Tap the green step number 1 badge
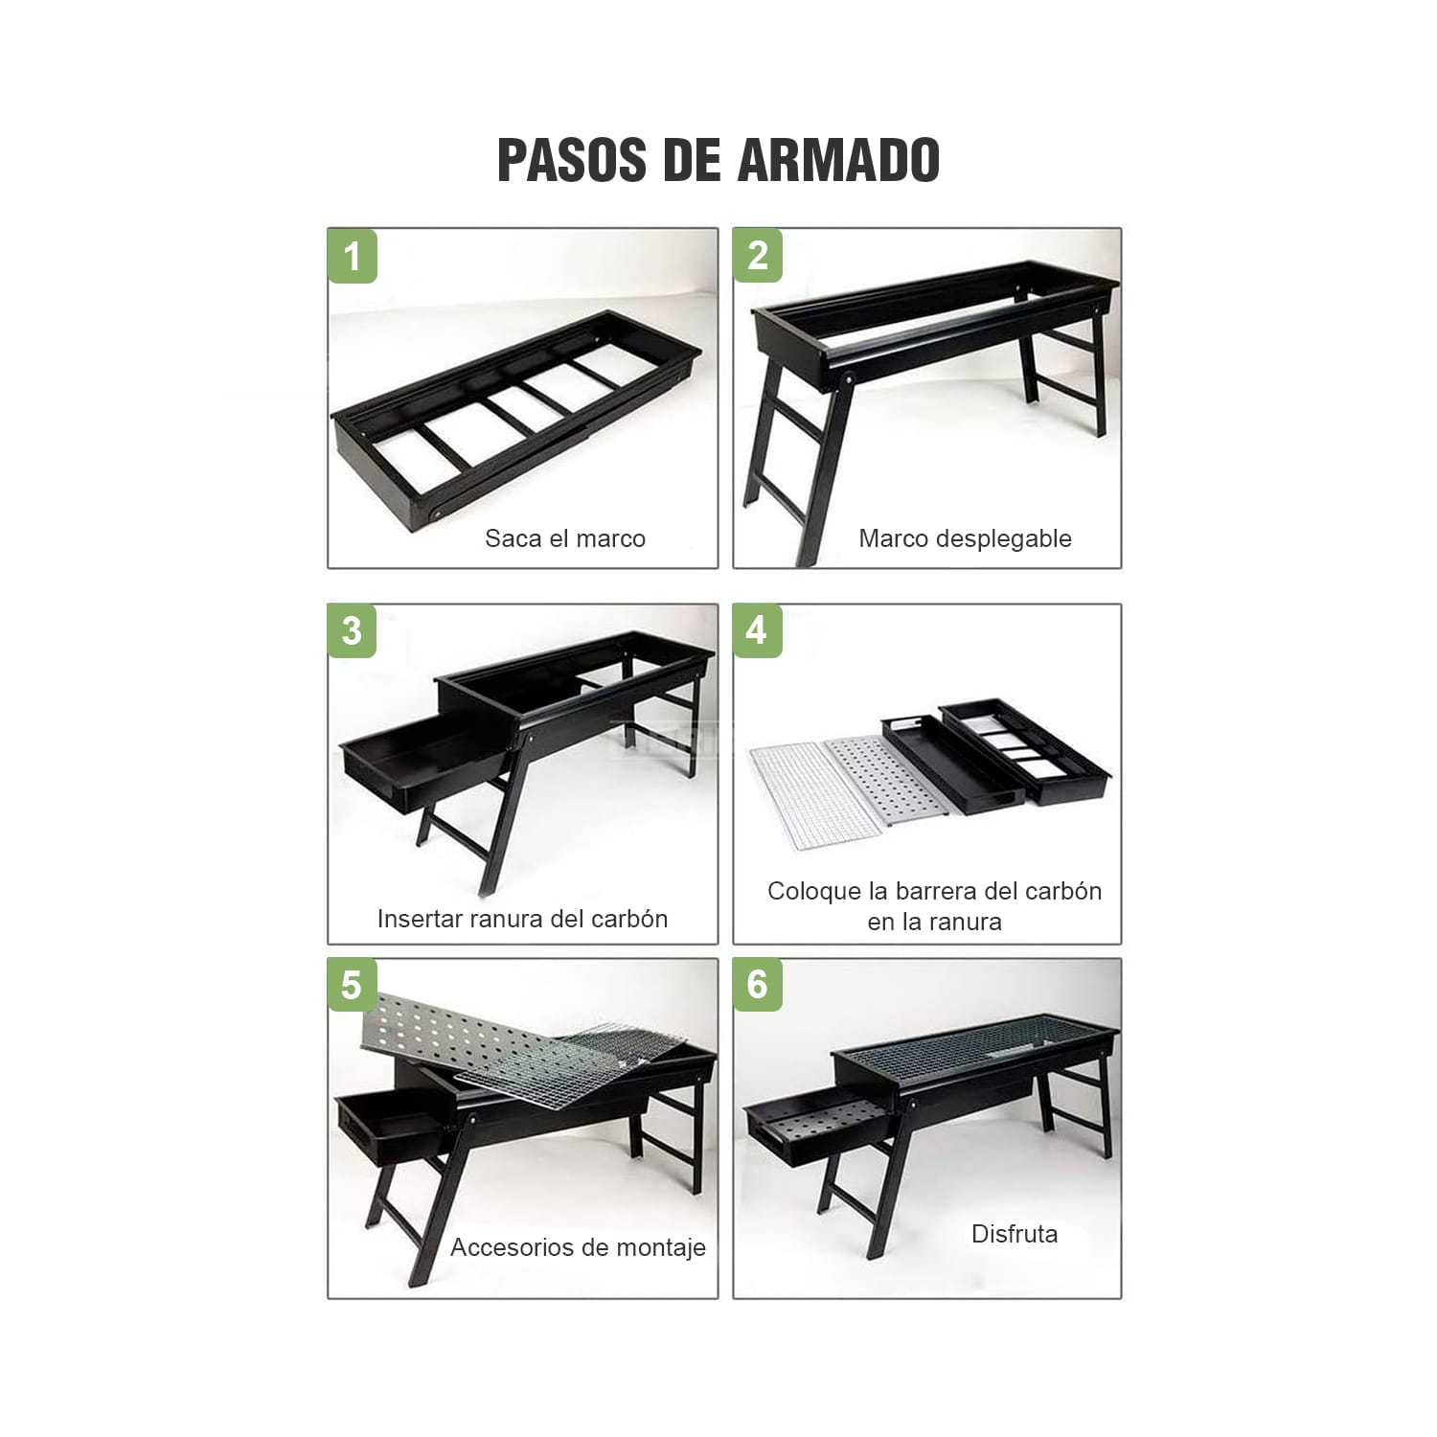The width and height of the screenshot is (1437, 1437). tap(353, 256)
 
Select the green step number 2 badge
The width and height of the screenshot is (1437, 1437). tap(758, 255)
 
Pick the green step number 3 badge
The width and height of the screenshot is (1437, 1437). tap(353, 630)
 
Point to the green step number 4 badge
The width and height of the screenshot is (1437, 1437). tap(758, 630)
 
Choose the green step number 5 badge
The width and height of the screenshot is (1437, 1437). tap(353, 985)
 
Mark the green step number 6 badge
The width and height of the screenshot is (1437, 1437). tap(758, 985)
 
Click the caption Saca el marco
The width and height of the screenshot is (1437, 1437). tap(565, 538)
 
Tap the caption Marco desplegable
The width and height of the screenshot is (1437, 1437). tap(965, 539)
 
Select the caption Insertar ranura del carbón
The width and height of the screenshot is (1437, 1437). tap(522, 919)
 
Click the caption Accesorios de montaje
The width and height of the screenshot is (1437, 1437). tap(578, 1247)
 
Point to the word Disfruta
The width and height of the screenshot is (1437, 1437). tap(1015, 1234)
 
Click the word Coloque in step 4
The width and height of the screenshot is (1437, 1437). tap(814, 892)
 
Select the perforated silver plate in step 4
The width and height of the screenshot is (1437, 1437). tap(886, 778)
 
